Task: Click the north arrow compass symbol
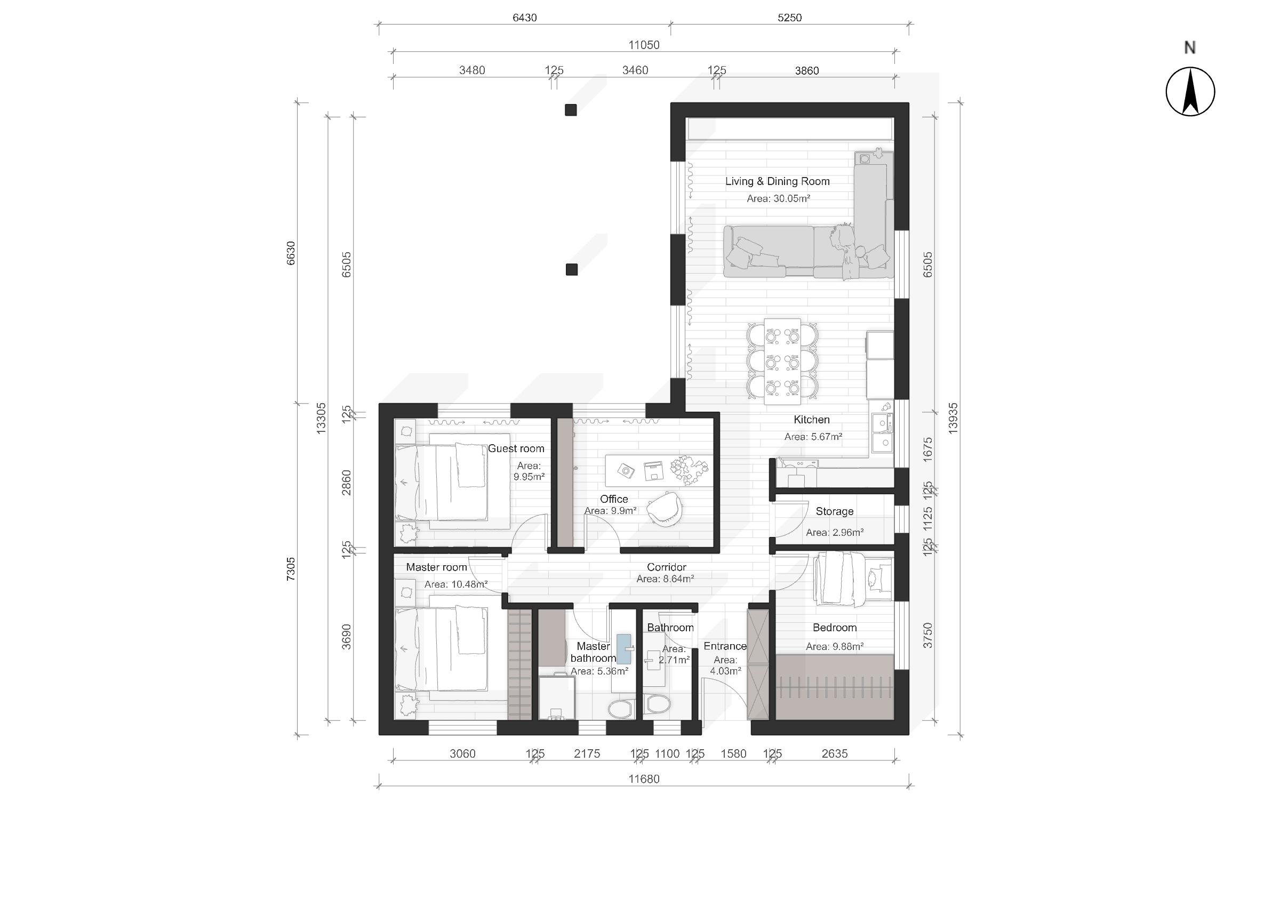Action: click(1190, 92)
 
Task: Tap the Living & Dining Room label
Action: click(778, 181)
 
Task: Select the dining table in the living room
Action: click(782, 362)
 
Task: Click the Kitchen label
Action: click(811, 420)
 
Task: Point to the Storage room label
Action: click(834, 511)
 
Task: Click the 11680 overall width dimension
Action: click(644, 778)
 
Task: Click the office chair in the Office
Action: click(665, 508)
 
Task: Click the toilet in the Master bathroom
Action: click(620, 708)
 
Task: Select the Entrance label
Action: click(725, 646)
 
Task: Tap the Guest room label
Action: click(516, 448)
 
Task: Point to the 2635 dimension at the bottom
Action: click(834, 753)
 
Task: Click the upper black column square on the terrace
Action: click(571, 110)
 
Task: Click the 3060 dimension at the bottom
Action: click(462, 753)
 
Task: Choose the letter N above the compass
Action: click(1190, 48)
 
